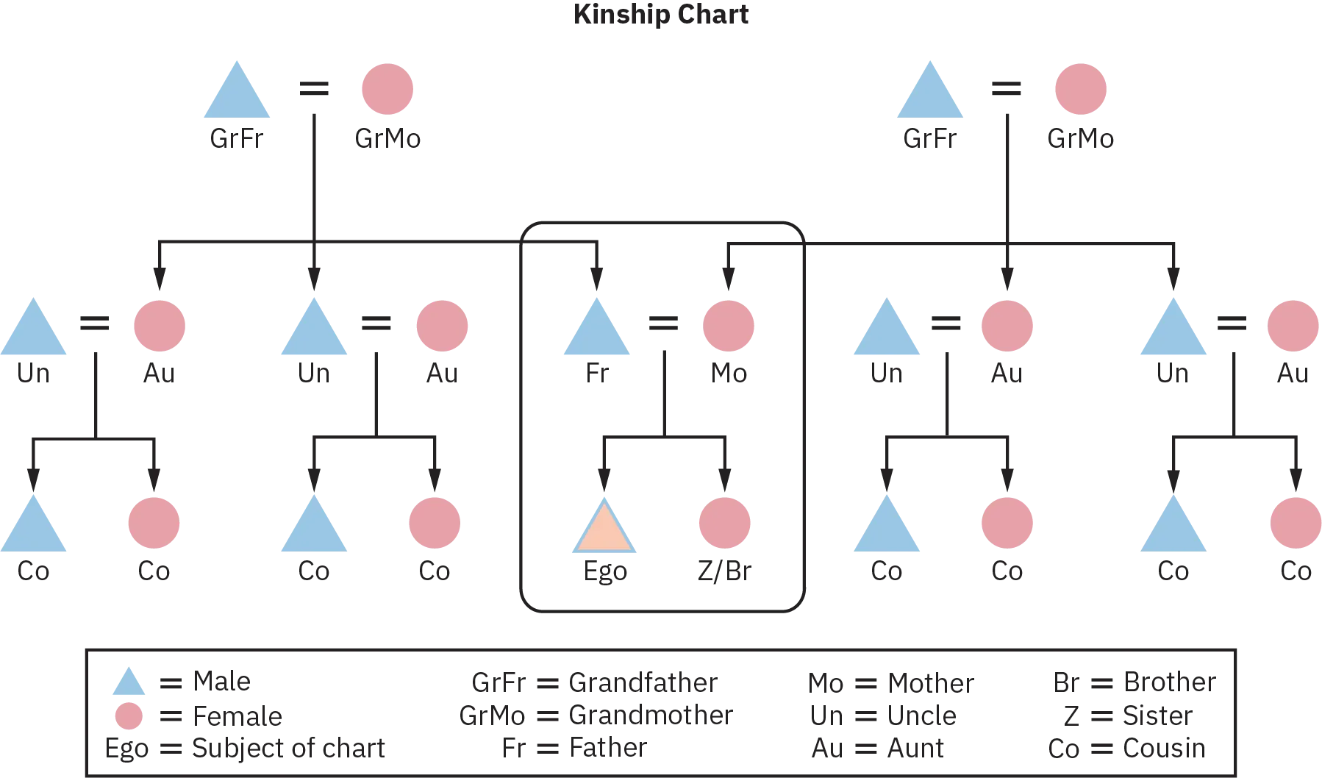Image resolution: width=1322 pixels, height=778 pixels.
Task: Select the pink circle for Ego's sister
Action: coord(723,523)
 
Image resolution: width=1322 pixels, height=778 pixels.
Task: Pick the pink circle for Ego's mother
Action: coord(729,324)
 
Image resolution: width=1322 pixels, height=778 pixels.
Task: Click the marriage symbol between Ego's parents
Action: coord(664,324)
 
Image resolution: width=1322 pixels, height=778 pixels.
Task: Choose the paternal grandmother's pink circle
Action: coord(388,88)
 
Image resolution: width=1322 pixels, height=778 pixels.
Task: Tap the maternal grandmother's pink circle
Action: coord(1081,88)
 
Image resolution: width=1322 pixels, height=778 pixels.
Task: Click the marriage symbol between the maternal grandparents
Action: coord(1005,89)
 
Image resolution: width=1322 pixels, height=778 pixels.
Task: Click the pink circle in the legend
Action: coord(129,715)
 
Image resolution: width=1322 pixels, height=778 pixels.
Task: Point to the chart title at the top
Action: coord(661,13)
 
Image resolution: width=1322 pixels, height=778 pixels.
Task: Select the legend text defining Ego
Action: coord(246,748)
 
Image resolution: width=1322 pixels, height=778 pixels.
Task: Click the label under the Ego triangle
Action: coord(604,572)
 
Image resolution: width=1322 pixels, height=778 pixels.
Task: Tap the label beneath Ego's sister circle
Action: coord(723,572)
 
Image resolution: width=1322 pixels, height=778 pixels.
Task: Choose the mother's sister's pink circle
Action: coord(1007,324)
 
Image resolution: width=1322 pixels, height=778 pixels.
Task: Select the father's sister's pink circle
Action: coord(159,324)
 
